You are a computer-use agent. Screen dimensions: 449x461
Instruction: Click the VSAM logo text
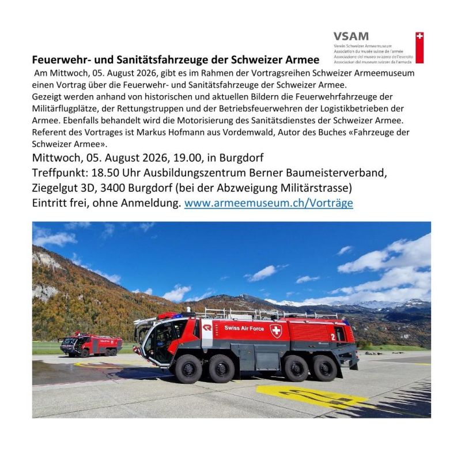point(351,36)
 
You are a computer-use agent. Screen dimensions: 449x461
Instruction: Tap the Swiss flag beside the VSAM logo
point(420,47)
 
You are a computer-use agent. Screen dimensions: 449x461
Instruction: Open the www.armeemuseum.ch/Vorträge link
point(269,203)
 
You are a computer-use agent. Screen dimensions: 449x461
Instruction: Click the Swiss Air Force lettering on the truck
point(244,328)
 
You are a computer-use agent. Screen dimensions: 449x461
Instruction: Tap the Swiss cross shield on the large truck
point(276,330)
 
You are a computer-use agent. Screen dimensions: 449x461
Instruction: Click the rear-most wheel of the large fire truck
point(324,367)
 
